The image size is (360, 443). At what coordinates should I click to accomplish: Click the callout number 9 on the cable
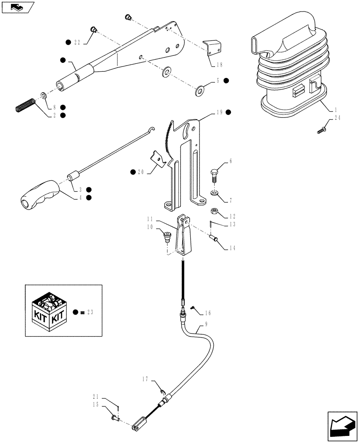[x=206, y=324]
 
